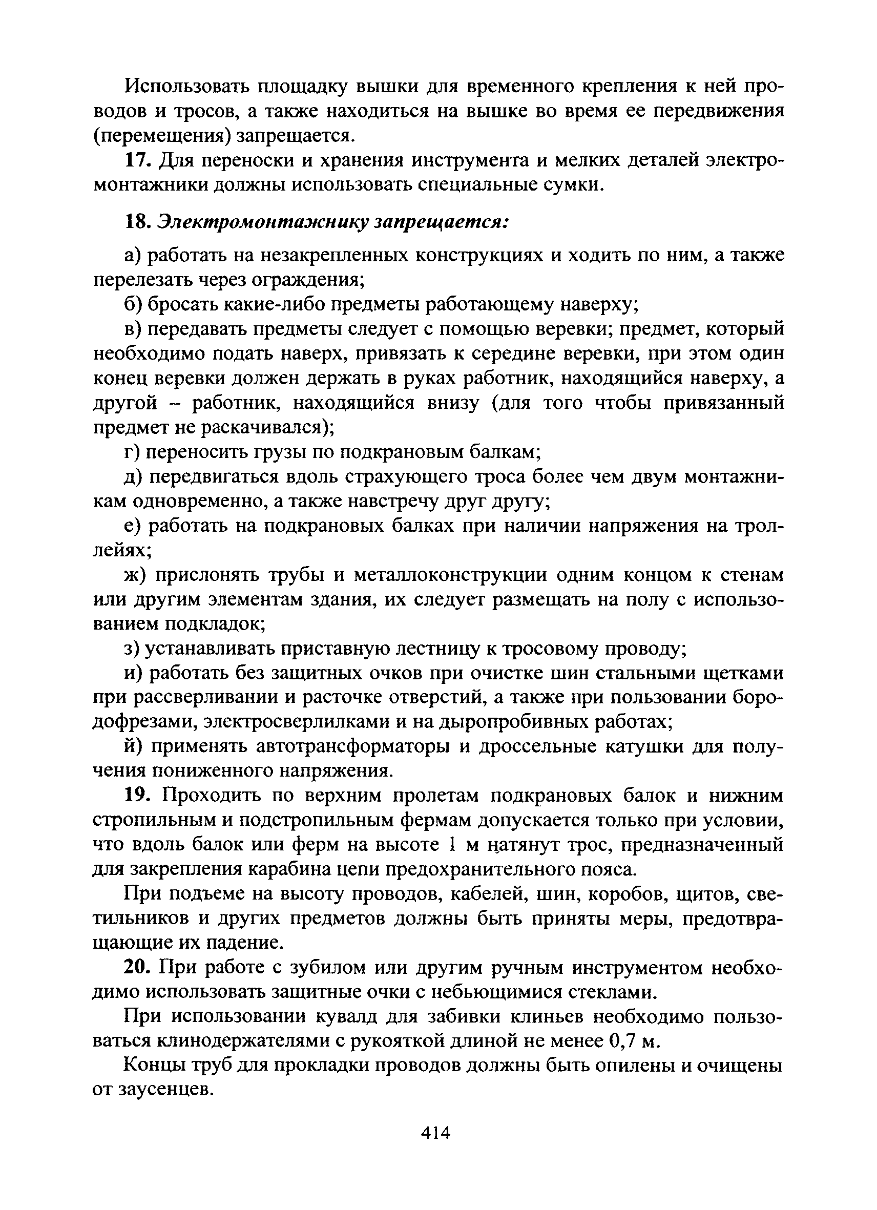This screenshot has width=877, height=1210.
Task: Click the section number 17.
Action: [136, 160]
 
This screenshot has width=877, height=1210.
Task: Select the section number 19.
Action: [137, 796]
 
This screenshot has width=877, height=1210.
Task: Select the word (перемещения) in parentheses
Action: [162, 136]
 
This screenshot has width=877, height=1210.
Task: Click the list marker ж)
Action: [134, 575]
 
